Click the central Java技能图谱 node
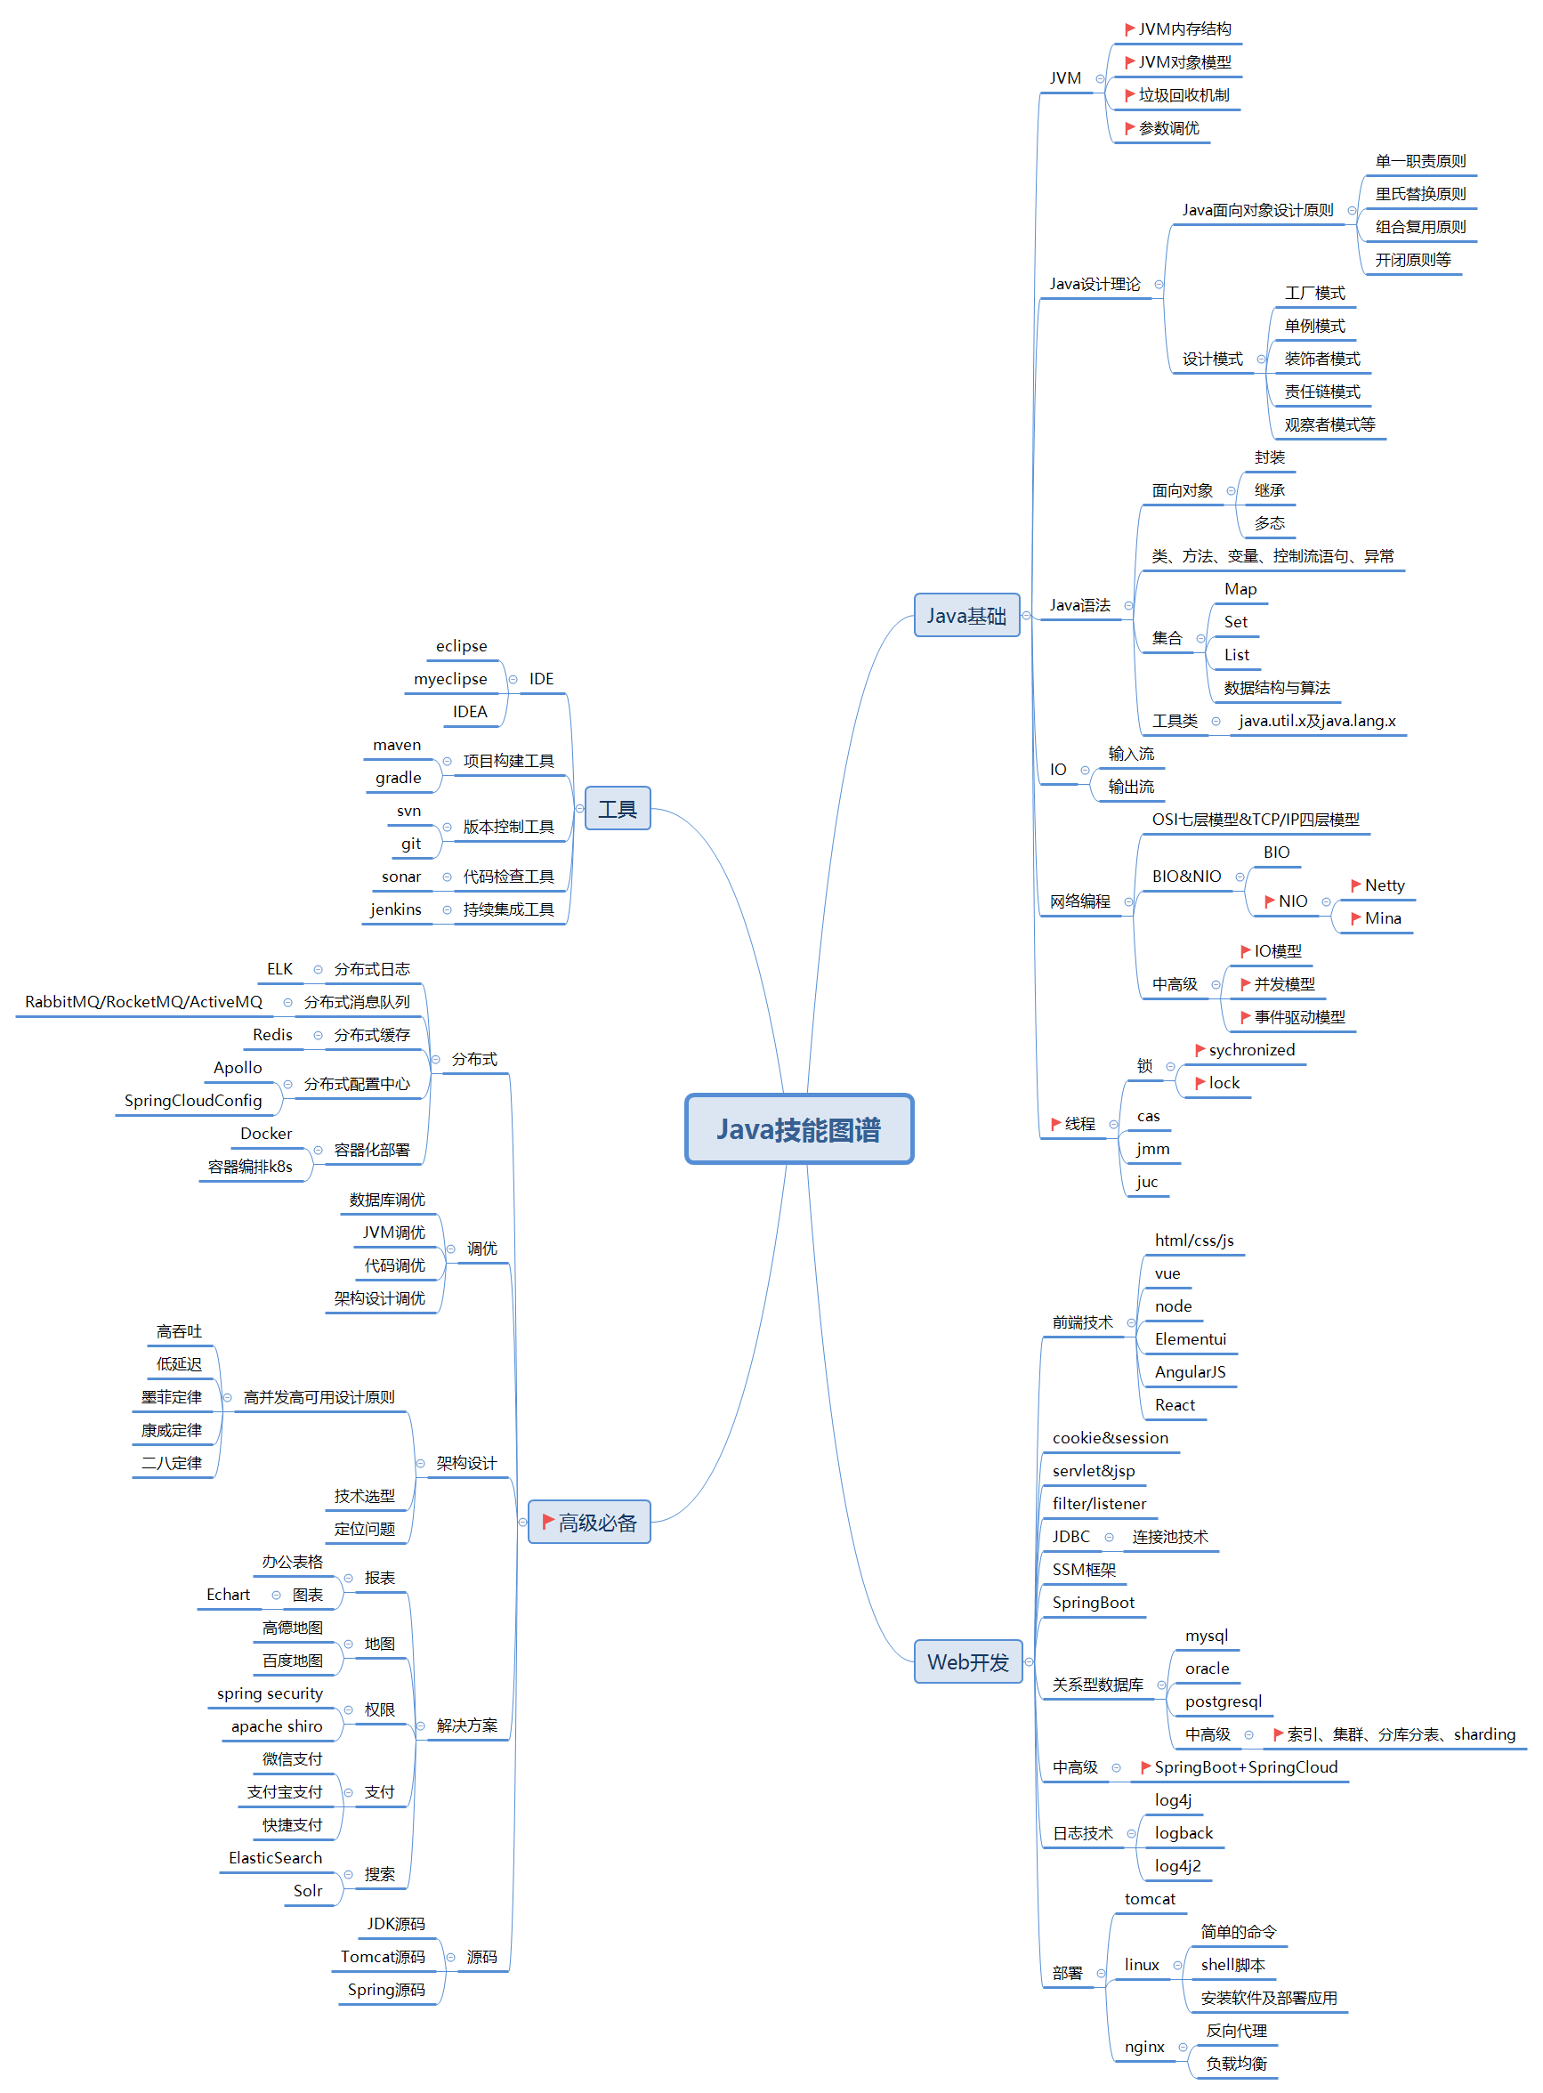798,1129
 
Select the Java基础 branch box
965,616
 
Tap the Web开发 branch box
967,1661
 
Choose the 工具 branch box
617,809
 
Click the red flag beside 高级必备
548,1522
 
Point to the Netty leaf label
1385,885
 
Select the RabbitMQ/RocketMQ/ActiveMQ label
144,1001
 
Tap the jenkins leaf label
396,909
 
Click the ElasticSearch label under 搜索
276,1858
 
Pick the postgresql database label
1223,1701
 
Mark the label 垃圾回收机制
1184,95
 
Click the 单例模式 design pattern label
1314,326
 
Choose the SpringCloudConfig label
193,1100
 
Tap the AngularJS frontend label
1190,1372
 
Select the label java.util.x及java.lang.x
1317,721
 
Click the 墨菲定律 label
172,1397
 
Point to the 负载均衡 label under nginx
1236,2063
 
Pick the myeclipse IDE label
450,679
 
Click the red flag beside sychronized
1200,1050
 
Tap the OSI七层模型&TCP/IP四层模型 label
1256,819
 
